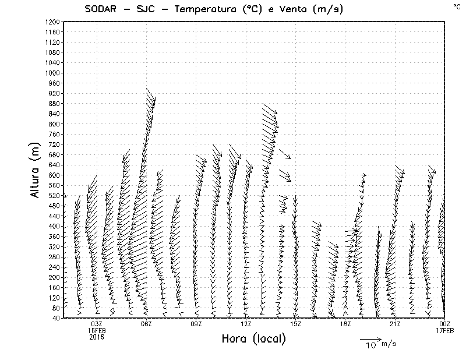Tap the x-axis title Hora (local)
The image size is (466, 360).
click(x=254, y=339)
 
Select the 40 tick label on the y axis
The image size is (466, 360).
click(x=56, y=318)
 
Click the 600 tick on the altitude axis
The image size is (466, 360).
click(x=54, y=175)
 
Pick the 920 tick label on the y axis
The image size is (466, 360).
click(x=54, y=93)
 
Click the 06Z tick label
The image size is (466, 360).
click(x=146, y=324)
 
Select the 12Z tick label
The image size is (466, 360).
click(x=246, y=324)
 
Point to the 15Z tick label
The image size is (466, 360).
click(x=295, y=324)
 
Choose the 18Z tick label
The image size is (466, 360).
click(x=345, y=324)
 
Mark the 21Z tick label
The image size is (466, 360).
click(x=395, y=324)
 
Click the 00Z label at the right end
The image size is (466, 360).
click(x=444, y=324)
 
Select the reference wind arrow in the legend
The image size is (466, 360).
click(x=370, y=338)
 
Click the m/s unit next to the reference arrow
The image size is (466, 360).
click(x=389, y=344)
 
